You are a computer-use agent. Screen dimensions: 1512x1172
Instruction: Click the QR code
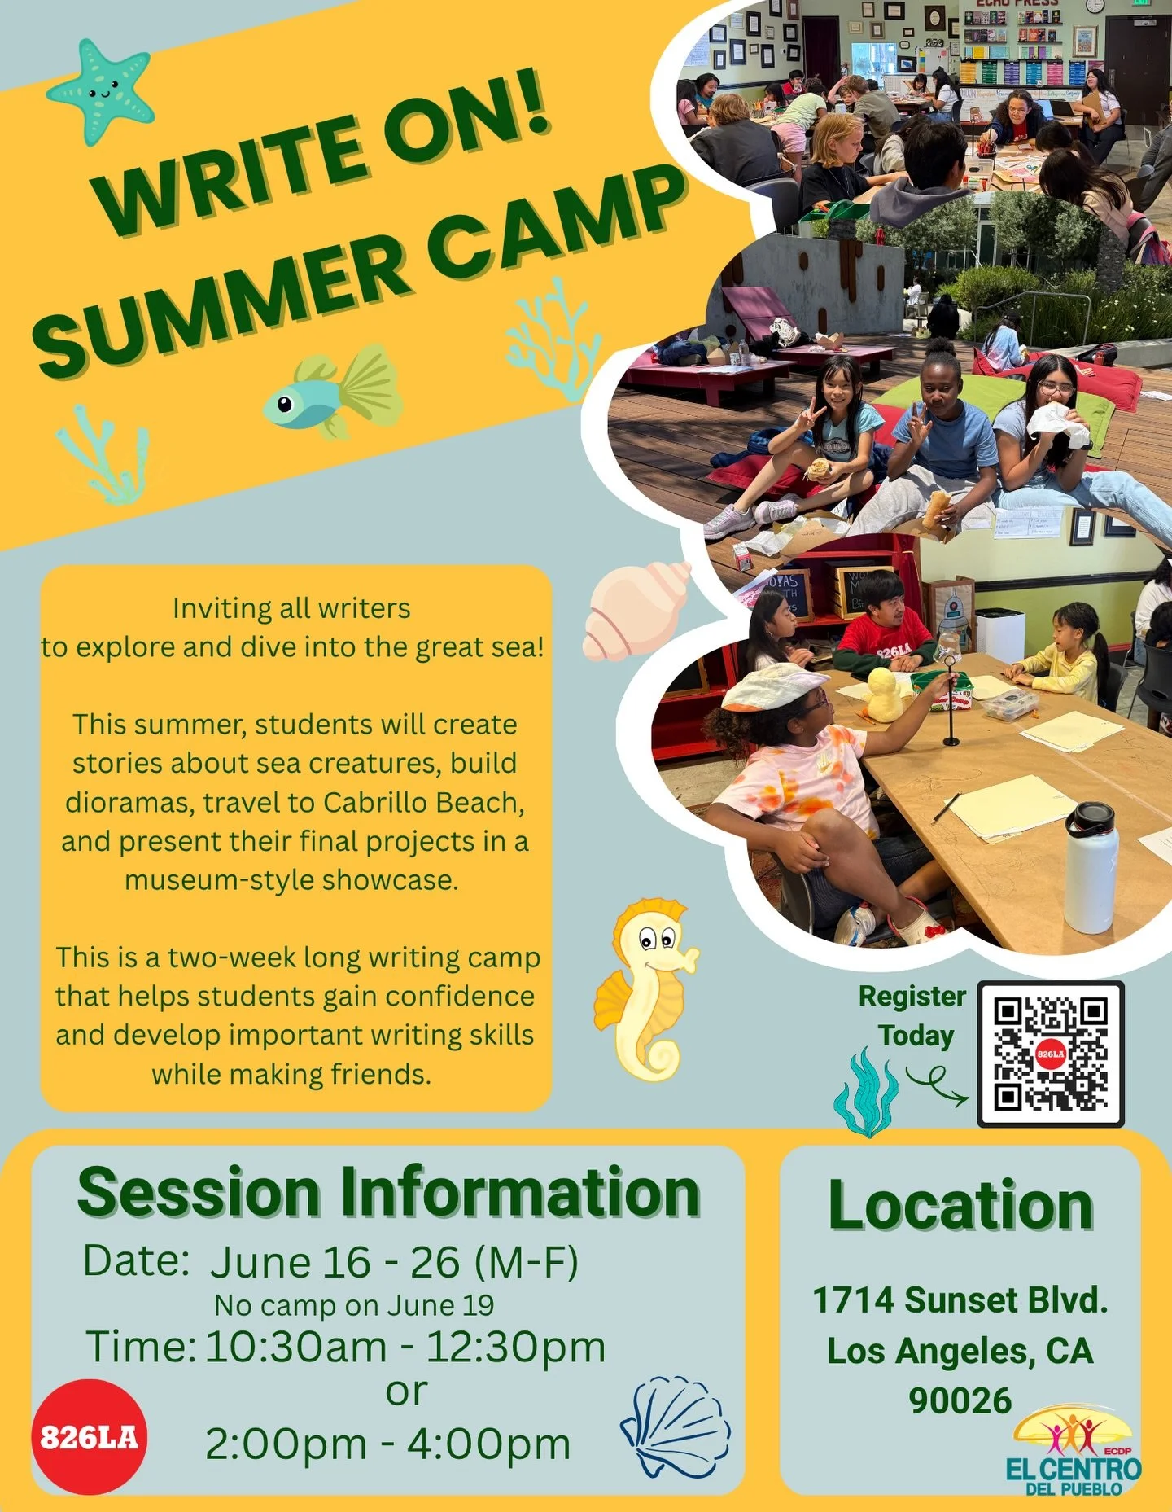click(x=1050, y=1054)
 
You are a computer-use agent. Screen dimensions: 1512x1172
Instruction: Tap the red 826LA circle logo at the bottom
click(x=89, y=1437)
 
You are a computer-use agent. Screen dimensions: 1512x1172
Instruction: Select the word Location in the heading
click(x=960, y=1206)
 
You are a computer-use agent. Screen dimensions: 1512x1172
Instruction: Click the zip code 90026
click(x=960, y=1400)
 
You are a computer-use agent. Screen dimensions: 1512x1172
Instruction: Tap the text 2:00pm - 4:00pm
click(x=388, y=1444)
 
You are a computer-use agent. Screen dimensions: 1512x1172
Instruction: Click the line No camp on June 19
click(x=354, y=1305)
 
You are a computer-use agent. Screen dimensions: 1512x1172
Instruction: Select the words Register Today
click(x=913, y=1015)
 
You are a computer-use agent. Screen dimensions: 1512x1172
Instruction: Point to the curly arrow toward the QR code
click(x=936, y=1085)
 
